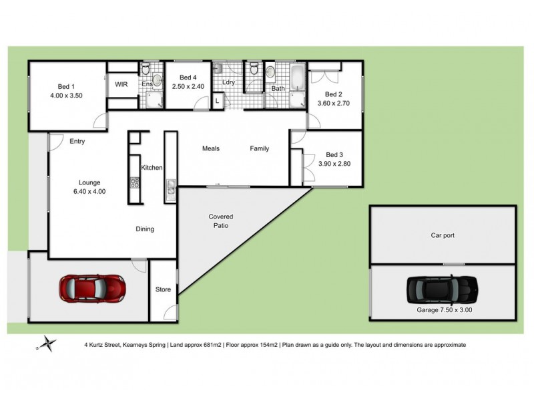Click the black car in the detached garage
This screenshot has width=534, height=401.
(442, 289)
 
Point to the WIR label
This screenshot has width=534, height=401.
(121, 85)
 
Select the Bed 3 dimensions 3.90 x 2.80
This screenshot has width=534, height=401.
(334, 163)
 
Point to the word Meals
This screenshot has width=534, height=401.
(211, 148)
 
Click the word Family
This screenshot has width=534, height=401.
(260, 148)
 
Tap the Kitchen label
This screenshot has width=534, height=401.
(152, 168)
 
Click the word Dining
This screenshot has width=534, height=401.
(144, 229)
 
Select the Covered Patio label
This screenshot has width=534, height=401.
(221, 221)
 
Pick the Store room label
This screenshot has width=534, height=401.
(163, 290)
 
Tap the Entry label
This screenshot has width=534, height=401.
(77, 141)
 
